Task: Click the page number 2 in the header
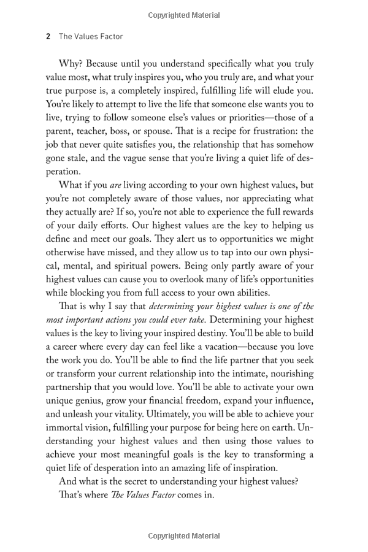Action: [x=48, y=36]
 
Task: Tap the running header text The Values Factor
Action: [x=91, y=36]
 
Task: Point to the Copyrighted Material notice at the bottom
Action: [x=183, y=535]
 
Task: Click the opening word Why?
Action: [x=72, y=64]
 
